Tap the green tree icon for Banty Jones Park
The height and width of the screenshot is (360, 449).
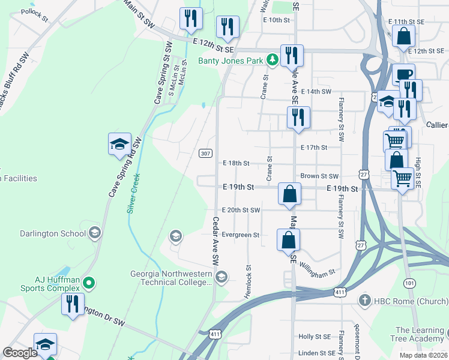(273, 59)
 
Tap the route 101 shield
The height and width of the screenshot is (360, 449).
(409, 282)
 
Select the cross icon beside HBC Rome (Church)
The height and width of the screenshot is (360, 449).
(364, 299)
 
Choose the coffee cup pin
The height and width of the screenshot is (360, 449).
(403, 74)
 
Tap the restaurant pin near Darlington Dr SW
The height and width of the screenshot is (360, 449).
(73, 304)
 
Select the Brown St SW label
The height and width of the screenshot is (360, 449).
(320, 176)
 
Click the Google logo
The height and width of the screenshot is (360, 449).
(20, 353)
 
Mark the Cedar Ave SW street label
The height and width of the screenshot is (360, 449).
(215, 241)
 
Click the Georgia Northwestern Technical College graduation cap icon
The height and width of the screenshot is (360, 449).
(221, 276)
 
